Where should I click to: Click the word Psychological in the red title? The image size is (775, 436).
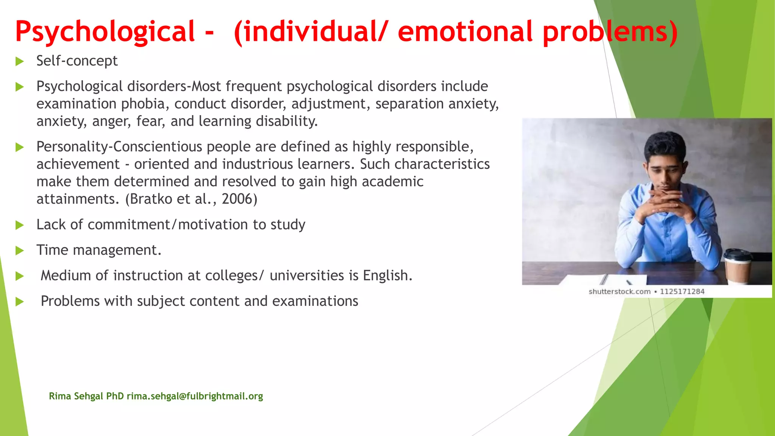coord(105,32)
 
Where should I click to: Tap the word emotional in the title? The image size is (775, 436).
coord(465,32)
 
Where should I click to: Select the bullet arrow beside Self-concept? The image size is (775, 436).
coord(20,61)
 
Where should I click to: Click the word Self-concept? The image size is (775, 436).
coord(77,61)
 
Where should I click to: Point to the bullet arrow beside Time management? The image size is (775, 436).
coord(20,251)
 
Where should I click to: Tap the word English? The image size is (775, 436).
coord(387,276)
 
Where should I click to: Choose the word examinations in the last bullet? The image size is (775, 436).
coord(315,301)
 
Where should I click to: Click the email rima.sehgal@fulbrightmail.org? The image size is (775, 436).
coord(195,396)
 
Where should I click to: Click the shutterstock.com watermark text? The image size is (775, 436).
coord(619,291)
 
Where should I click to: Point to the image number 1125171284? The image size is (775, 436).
coord(682,291)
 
